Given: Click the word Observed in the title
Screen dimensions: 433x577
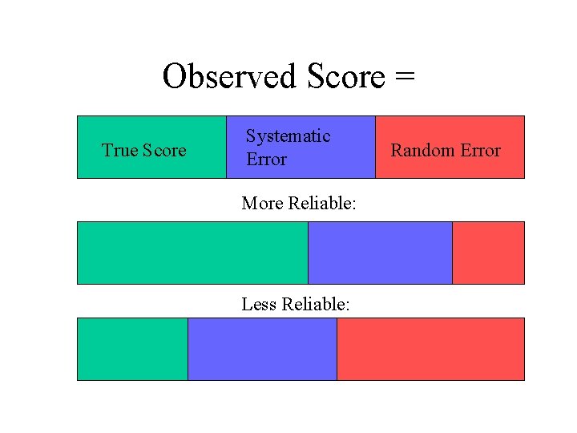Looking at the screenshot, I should click(229, 77).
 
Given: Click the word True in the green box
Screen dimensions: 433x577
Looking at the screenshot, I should click(119, 151).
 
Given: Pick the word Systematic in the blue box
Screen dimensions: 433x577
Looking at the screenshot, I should click(288, 136).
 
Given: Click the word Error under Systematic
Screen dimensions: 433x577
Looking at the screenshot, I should click(266, 160).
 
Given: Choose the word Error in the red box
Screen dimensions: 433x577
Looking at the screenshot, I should click(478, 151).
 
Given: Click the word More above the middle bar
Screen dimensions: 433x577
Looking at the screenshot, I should click(263, 204).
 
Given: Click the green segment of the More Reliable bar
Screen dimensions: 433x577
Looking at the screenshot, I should click(192, 253).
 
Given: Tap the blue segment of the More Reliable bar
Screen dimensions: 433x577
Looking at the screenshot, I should click(380, 253).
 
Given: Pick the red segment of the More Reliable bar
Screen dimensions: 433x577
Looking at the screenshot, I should click(488, 253).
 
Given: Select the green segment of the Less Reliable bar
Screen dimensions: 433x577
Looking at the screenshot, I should click(132, 349).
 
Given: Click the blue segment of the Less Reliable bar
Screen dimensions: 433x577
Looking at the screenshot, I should click(262, 349).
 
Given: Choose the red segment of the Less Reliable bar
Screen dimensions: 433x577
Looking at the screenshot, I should click(430, 349).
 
